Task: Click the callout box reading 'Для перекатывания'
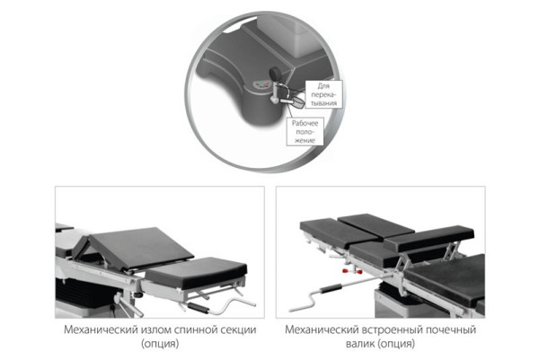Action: [323, 94]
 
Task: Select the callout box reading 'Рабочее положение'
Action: [305, 131]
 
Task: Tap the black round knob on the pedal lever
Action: [275, 74]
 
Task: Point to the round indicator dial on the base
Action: [261, 84]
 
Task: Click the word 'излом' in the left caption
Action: [156, 329]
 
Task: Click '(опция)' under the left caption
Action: [160, 344]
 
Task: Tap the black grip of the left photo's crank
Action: [198, 307]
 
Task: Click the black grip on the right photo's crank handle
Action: [331, 288]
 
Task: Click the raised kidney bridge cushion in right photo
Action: [429, 237]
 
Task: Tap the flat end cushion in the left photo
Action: [196, 272]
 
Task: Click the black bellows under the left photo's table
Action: [84, 293]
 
